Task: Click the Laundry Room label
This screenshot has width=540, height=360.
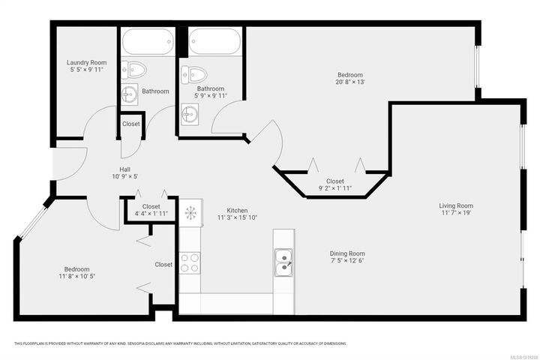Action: [86, 62]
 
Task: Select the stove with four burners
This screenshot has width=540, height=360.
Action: [189, 262]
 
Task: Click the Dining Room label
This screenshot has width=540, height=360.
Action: [347, 253]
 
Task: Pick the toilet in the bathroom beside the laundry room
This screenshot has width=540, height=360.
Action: [135, 70]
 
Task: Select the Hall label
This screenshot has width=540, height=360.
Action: [125, 169]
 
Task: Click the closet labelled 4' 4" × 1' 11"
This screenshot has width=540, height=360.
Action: [151, 210]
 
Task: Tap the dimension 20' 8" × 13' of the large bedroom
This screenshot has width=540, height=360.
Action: [349, 82]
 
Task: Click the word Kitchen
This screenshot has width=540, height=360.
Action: [237, 211]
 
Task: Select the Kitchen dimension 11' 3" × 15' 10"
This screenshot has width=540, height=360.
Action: [237, 218]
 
